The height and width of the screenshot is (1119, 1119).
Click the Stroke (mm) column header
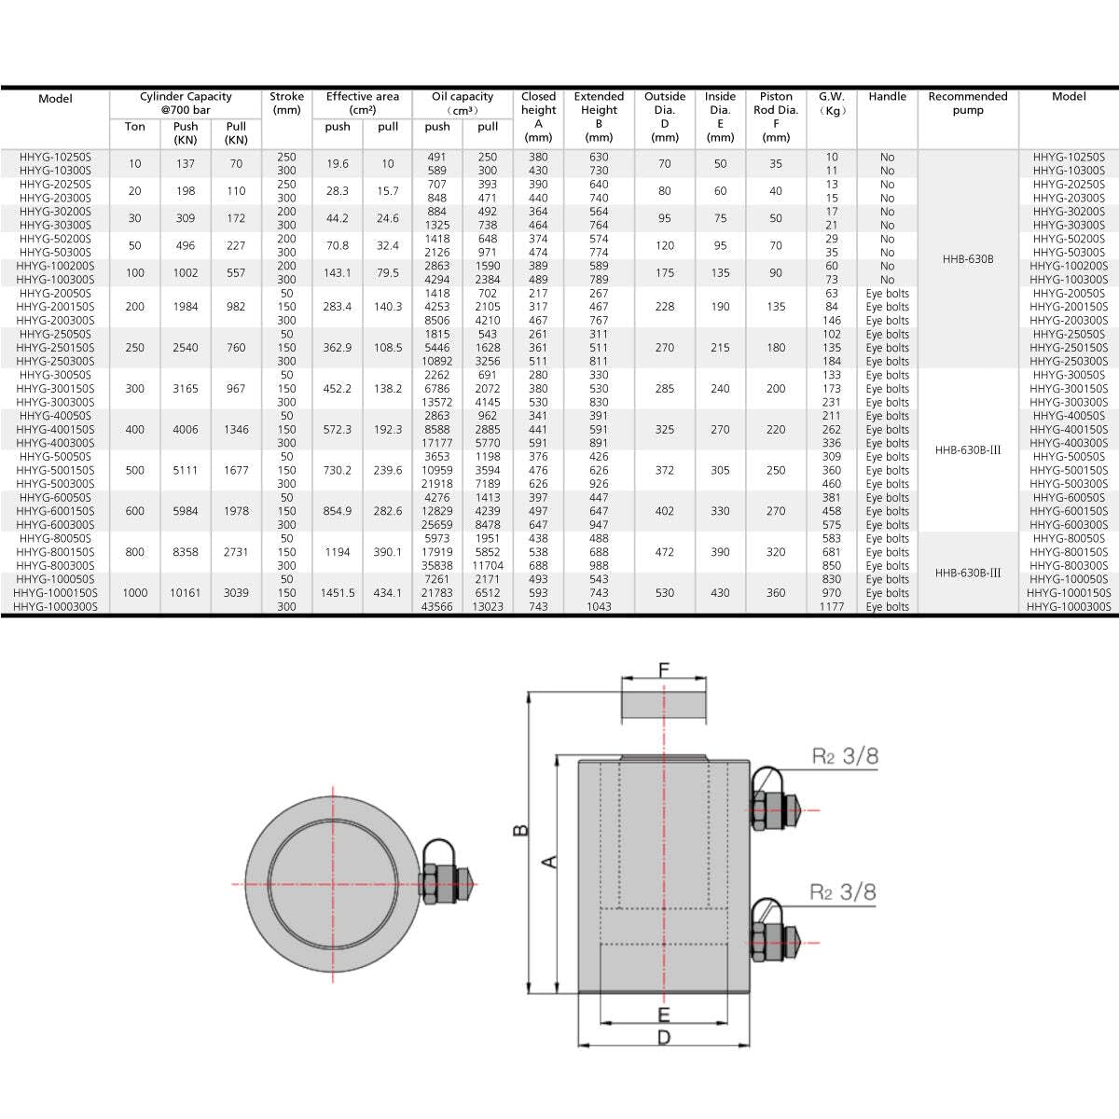[x=286, y=103]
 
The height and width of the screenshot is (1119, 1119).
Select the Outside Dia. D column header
[x=665, y=117]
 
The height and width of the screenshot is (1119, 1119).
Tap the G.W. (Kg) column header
[x=832, y=103]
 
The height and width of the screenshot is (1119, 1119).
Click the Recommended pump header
[x=967, y=103]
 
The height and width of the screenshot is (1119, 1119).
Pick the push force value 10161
[x=186, y=593]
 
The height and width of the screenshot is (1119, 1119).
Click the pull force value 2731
[x=236, y=552]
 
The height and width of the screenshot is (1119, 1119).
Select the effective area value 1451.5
[x=338, y=593]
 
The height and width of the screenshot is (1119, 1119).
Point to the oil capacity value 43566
[x=436, y=606]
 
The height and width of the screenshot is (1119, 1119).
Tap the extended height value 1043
[x=599, y=606]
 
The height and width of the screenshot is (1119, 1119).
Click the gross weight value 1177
[x=832, y=606]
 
